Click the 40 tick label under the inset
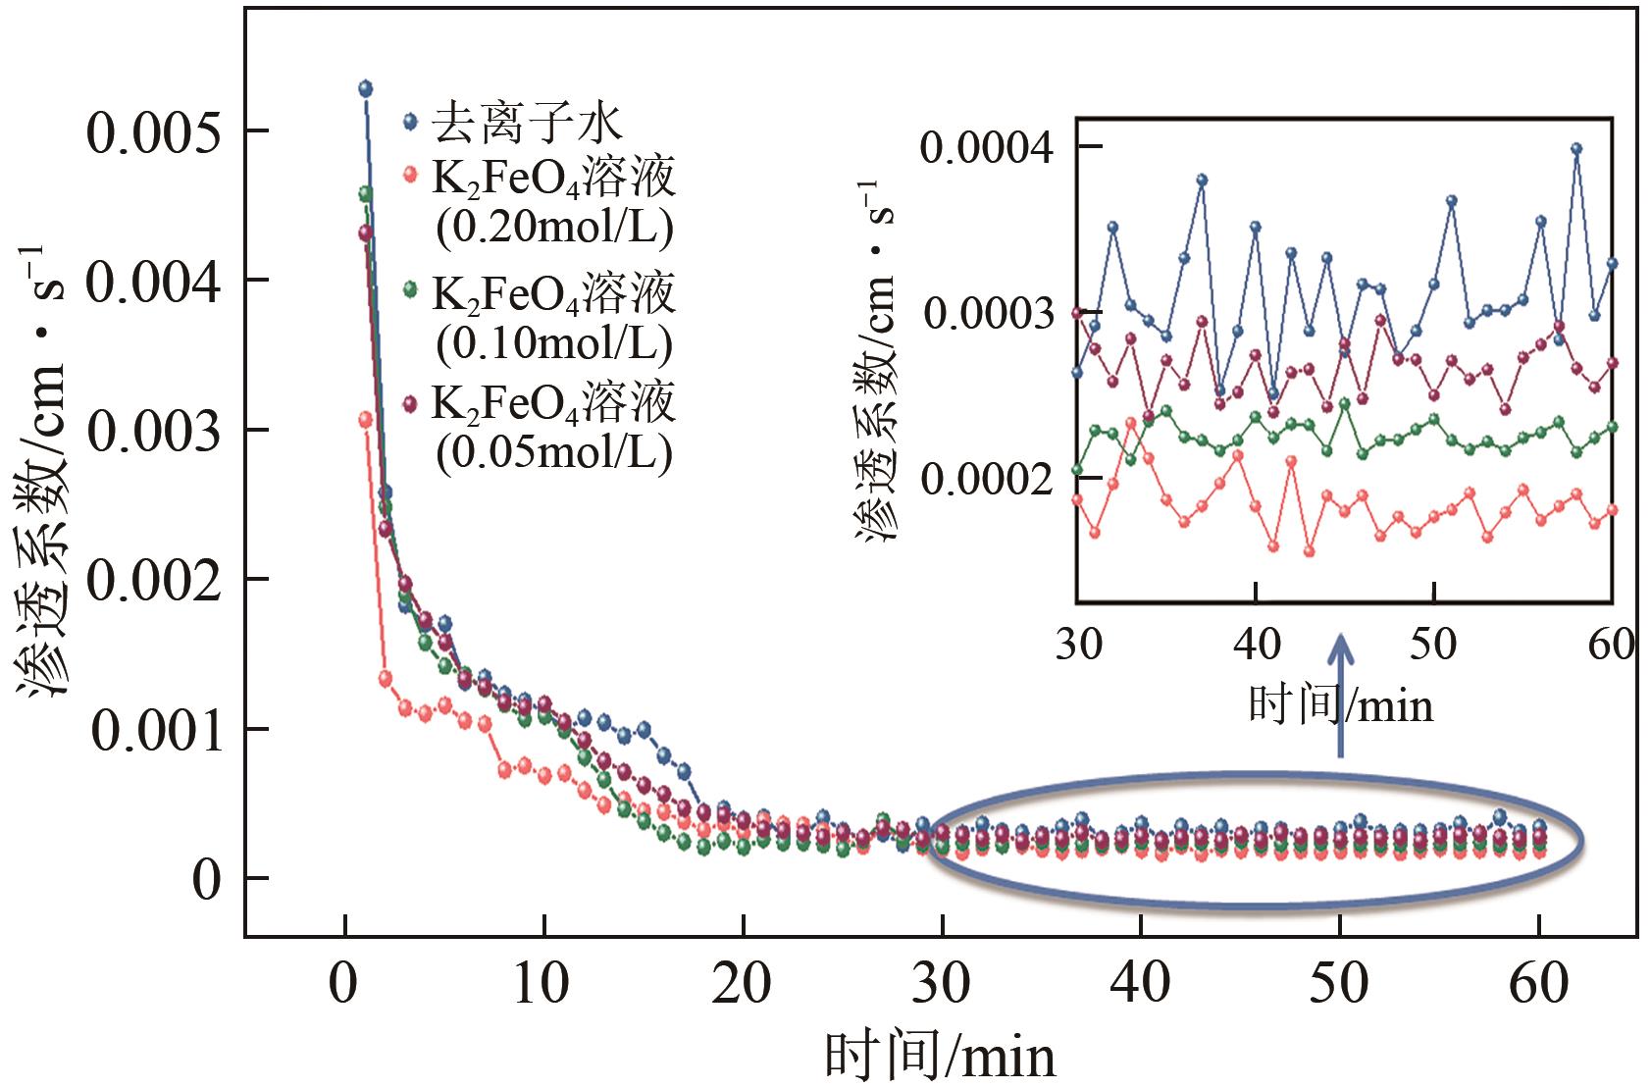pyautogui.click(x=1256, y=645)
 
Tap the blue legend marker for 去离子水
pyautogui.click(x=412, y=123)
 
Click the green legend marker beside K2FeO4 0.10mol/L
pyautogui.click(x=412, y=290)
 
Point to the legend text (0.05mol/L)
pyautogui.click(x=554, y=452)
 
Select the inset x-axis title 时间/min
pyautogui.click(x=1340, y=703)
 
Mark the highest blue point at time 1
pyautogui.click(x=365, y=88)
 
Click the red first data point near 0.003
pyautogui.click(x=365, y=419)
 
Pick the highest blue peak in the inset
pyautogui.click(x=1576, y=149)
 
